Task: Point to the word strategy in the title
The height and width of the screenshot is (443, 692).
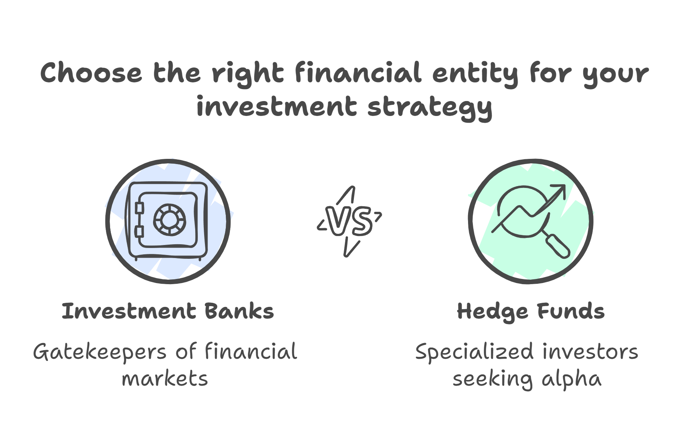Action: (430, 107)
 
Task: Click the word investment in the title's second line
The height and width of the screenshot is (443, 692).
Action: (277, 106)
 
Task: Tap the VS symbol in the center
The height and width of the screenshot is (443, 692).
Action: (349, 221)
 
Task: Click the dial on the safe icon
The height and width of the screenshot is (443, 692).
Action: (169, 220)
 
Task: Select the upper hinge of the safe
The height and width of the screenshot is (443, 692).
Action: (139, 208)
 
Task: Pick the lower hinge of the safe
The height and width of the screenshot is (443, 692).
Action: (139, 232)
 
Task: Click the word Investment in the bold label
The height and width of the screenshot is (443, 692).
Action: (129, 311)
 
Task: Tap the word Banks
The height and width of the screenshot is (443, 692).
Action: (239, 311)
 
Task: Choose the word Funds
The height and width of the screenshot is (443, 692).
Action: (571, 311)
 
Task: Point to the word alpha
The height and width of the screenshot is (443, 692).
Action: (571, 380)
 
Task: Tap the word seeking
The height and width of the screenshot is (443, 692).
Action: (492, 380)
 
